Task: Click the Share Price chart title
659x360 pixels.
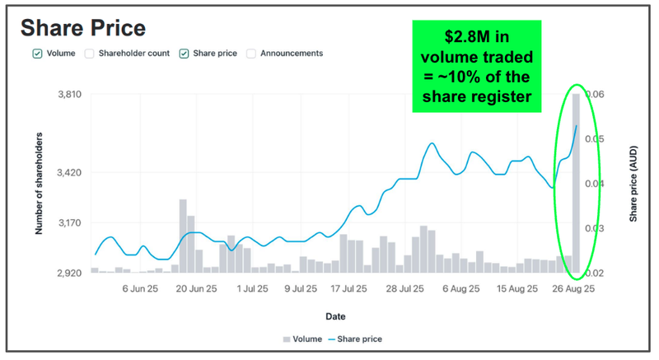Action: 82,28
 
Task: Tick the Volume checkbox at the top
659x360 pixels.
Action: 37,54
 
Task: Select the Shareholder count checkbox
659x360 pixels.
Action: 89,54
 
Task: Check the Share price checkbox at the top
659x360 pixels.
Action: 184,54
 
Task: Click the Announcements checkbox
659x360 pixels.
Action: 251,54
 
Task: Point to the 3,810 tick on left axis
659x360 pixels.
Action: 68,95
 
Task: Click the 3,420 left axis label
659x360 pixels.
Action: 68,173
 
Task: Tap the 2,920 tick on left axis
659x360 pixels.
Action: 68,273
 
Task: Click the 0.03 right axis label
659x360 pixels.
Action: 595,228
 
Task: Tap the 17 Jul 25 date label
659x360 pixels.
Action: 348,289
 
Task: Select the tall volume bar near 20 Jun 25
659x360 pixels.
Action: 183,236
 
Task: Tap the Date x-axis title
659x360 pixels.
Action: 334,316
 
